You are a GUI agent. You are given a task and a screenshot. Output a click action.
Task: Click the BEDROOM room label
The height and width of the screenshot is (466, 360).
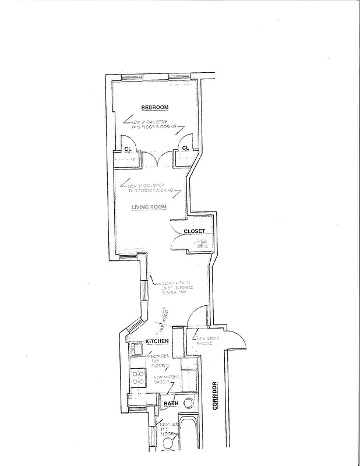pos(154,107)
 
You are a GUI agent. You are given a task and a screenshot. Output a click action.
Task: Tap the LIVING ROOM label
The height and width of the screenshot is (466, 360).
pos(149,207)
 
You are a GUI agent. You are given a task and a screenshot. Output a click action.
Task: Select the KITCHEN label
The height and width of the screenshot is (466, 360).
pos(157,341)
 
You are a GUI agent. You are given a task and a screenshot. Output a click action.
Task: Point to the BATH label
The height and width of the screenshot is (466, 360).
pos(171,403)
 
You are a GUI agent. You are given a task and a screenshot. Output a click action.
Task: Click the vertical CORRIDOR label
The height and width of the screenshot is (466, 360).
pos(214,396)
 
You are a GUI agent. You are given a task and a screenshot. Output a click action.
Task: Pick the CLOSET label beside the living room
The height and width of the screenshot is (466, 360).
pos(194,231)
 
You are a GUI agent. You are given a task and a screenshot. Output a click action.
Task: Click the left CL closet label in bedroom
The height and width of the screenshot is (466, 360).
pos(128,149)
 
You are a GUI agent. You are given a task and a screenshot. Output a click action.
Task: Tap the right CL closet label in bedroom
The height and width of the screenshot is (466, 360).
pos(185,149)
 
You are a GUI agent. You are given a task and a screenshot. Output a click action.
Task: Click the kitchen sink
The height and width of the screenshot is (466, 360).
pos(137,349)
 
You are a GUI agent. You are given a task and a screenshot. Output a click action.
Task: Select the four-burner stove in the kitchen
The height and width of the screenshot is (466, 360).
pos(137,377)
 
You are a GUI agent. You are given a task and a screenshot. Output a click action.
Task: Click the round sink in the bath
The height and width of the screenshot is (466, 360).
pos(189,403)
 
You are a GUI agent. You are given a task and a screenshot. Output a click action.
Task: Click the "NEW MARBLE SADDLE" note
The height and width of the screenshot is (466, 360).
pos(165,381)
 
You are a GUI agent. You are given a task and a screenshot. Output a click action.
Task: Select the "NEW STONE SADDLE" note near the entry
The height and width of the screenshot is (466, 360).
pos(207,340)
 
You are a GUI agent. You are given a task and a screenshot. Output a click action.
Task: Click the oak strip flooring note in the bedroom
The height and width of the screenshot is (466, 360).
pos(153,125)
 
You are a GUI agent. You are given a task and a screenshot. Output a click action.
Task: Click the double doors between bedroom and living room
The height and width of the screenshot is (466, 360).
pos(156,158)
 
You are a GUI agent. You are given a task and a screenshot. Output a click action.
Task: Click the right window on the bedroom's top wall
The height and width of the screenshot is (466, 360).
pos(177,77)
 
